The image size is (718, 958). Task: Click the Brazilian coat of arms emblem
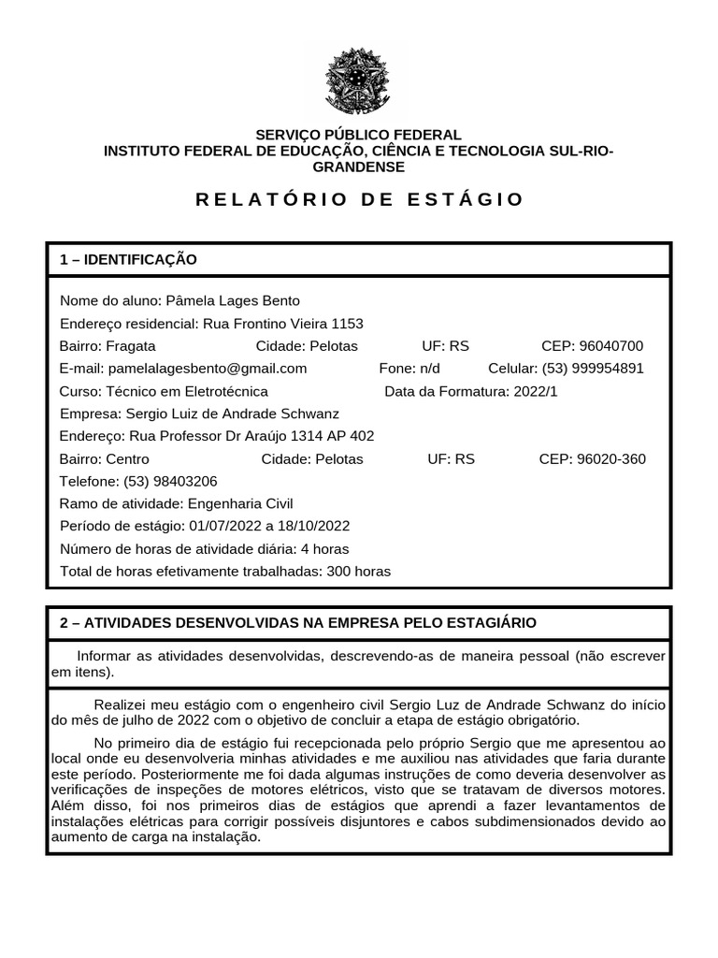coord(358,82)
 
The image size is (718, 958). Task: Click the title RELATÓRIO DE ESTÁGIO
coord(359,199)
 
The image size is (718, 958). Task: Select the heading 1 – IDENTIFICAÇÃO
coord(128,259)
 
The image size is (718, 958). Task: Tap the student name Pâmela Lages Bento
coord(233,300)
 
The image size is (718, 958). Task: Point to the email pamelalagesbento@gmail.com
coord(208,368)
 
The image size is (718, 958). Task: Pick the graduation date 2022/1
coord(535,391)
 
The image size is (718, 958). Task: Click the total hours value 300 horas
coord(359,571)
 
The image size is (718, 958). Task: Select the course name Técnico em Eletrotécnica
coord(188,391)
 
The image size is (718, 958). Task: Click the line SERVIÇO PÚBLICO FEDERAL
coord(359,135)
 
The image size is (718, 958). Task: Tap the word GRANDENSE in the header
coord(359,167)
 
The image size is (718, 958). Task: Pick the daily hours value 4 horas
coord(324,548)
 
